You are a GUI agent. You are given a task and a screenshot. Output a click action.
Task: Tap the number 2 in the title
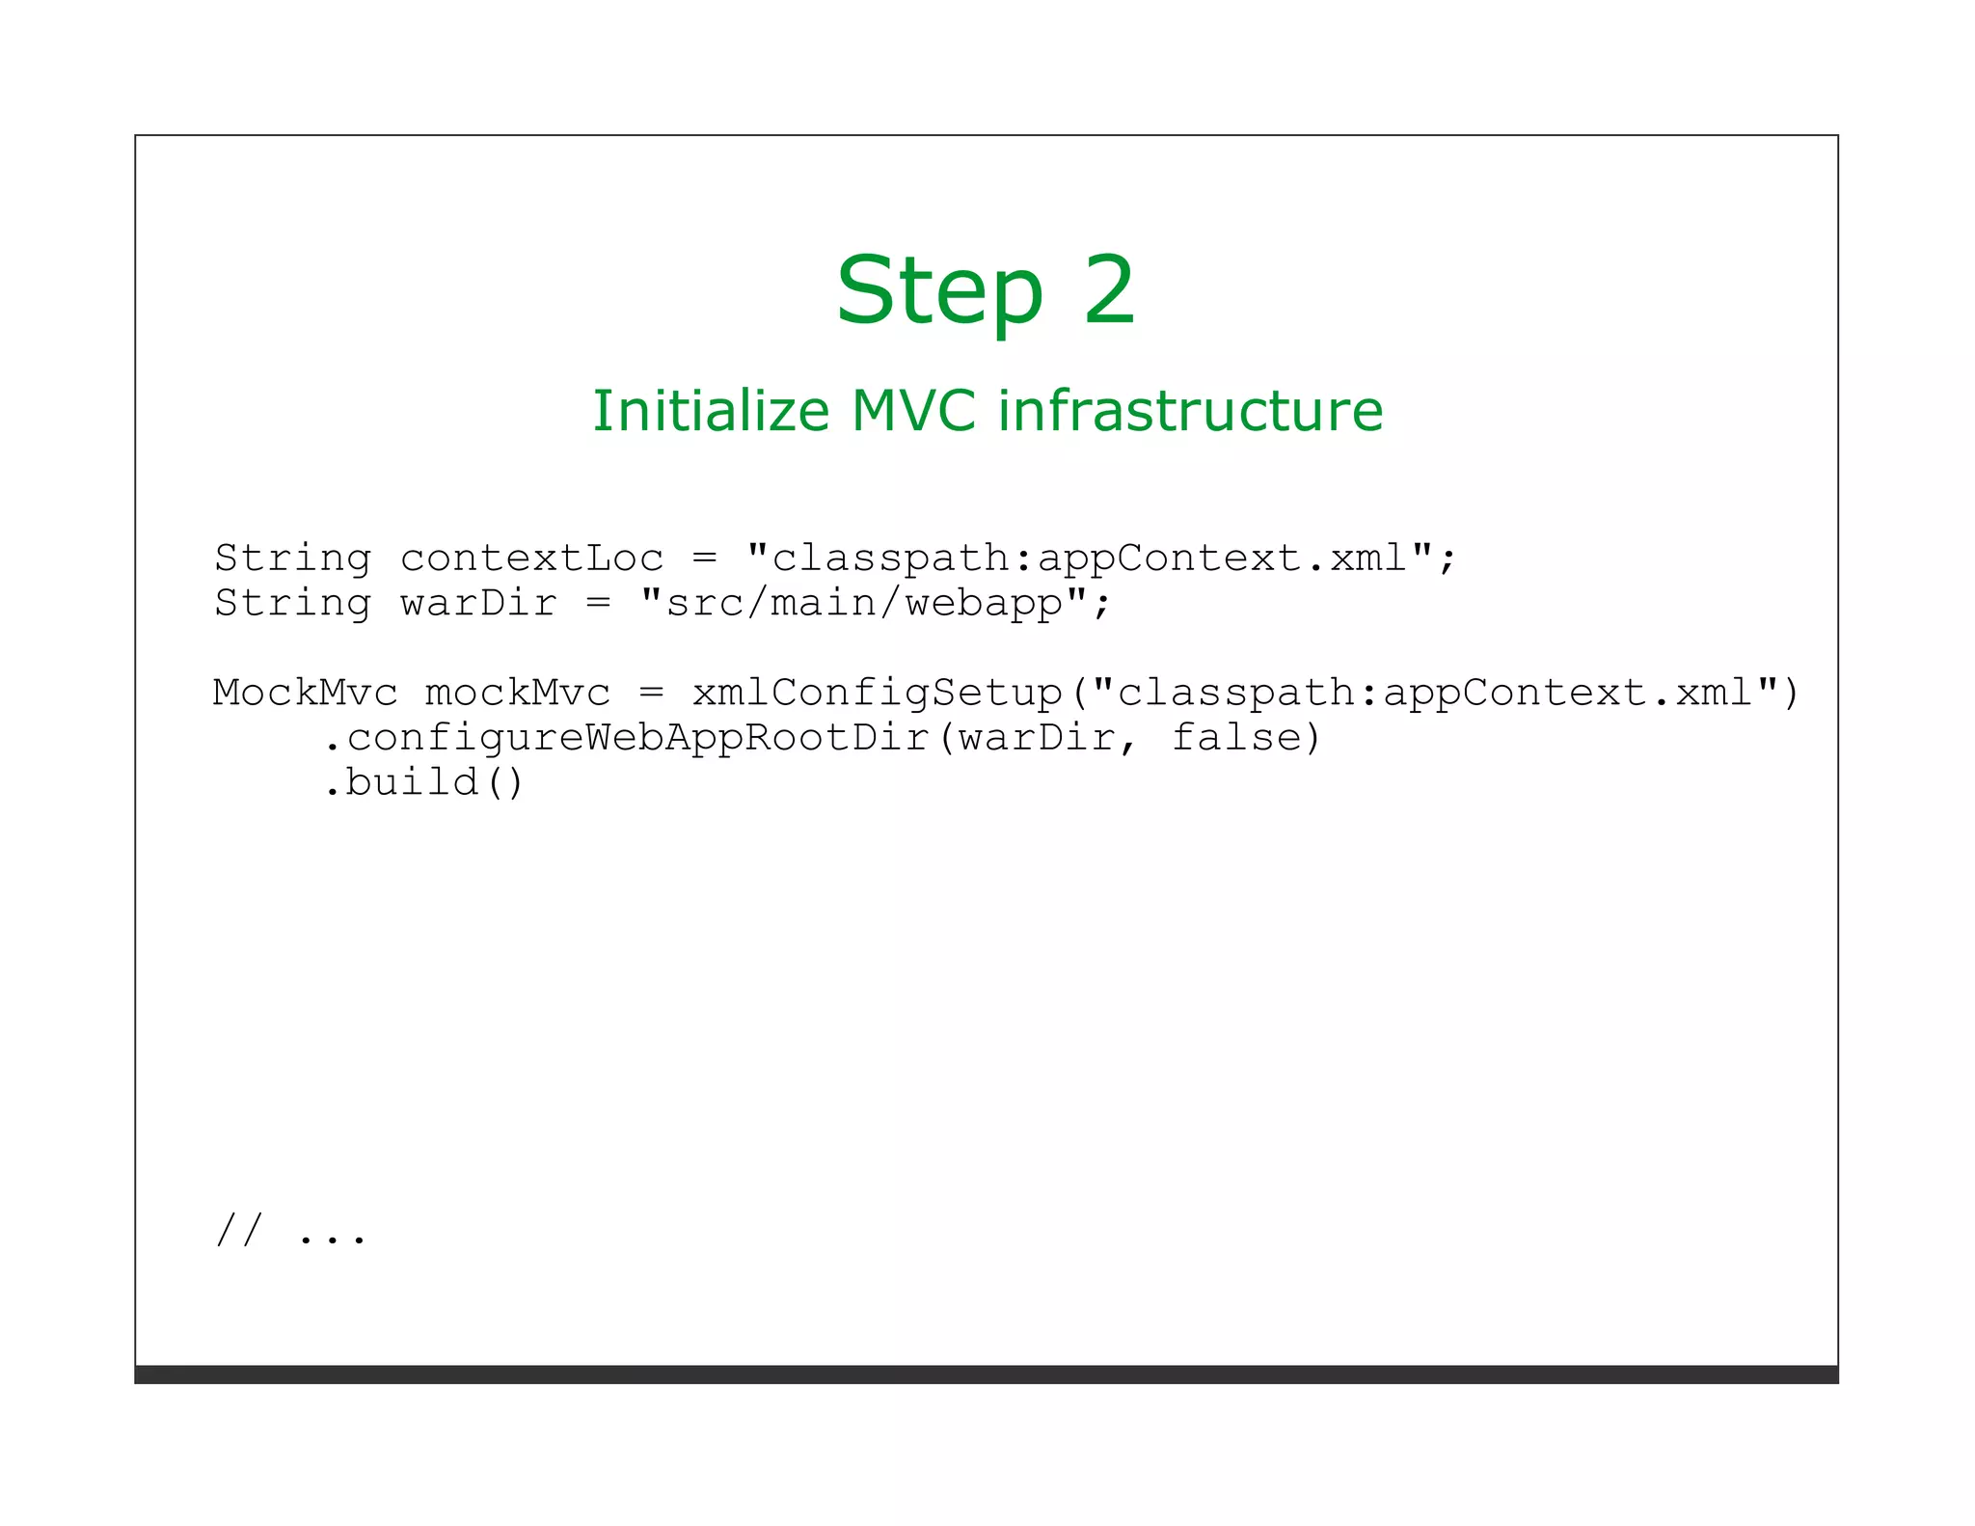(1109, 289)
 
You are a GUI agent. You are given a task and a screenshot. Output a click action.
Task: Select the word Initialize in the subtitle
(710, 411)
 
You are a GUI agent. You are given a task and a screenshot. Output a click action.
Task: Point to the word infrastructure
(1190, 411)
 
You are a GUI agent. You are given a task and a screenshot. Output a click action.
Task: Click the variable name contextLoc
(531, 559)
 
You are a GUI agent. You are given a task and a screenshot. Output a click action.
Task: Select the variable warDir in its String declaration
(478, 604)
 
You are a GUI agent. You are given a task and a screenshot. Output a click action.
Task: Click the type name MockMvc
(305, 693)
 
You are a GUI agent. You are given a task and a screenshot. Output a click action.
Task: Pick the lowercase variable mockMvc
(518, 693)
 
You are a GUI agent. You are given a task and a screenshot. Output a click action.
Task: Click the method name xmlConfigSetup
(877, 693)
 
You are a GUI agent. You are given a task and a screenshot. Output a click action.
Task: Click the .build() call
(424, 782)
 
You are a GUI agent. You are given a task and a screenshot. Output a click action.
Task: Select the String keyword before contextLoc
(292, 559)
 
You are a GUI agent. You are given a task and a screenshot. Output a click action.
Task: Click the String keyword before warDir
(292, 604)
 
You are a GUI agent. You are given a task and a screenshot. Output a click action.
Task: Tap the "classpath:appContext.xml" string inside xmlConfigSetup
(1435, 693)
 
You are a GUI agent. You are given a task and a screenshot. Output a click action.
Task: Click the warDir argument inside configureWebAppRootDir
(1037, 738)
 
